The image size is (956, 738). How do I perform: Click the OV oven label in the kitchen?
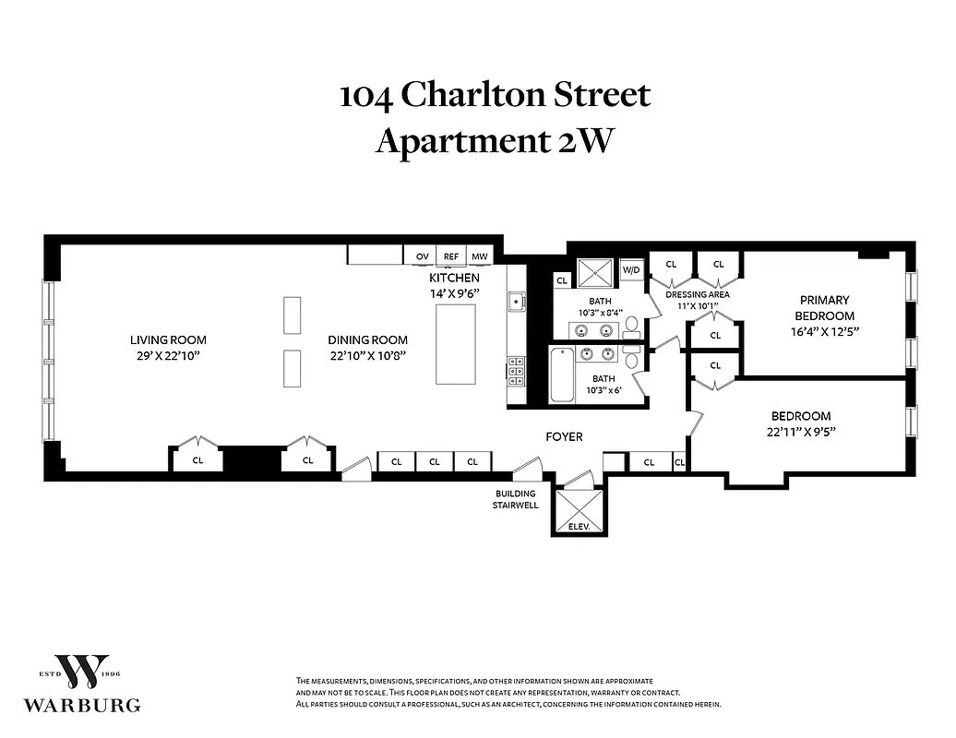pos(423,256)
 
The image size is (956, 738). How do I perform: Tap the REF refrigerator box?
pos(451,256)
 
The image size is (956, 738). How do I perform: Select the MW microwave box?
pos(480,256)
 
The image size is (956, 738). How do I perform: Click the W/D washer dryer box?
pos(631,269)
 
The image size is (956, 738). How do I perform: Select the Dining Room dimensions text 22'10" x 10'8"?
pos(368,355)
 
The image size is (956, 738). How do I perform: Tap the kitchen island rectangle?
pos(456,344)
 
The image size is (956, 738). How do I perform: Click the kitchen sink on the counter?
pos(515,301)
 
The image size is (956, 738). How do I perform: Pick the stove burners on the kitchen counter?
pos(516,368)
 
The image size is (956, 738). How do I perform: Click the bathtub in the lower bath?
pos(562,375)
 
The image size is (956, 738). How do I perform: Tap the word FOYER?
pos(564,436)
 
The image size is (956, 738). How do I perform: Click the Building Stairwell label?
pos(515,499)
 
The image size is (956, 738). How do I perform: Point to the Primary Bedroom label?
pos(825,308)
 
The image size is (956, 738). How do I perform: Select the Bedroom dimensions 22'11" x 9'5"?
pos(799,431)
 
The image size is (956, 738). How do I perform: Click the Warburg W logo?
pos(82,673)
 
